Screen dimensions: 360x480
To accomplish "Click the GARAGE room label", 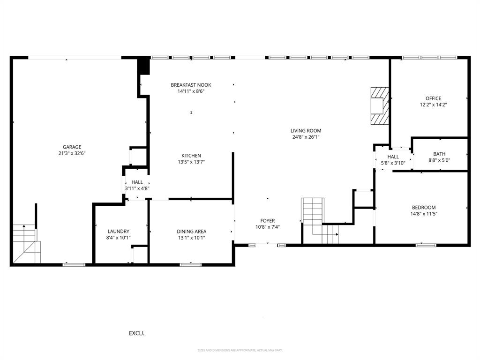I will [72, 147].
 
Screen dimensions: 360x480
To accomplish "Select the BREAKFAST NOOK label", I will [191, 85].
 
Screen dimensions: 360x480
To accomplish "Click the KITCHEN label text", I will [191, 156].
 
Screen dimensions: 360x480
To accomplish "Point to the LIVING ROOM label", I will [306, 131].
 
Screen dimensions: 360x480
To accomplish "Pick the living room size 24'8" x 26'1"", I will [306, 137].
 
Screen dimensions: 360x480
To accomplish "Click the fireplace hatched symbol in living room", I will [380, 106].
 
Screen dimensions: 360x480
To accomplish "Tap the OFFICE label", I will [433, 98].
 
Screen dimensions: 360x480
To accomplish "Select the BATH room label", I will [439, 154].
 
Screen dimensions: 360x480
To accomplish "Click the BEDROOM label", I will [424, 208].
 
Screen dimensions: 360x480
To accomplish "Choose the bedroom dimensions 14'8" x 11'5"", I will [424, 214].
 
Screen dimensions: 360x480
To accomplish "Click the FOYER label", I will [268, 221].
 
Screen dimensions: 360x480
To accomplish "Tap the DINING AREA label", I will [191, 232].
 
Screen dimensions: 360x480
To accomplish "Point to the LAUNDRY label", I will [118, 232].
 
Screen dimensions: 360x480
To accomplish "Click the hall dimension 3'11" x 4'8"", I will [137, 188].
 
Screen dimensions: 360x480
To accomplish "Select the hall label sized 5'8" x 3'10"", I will [393, 157].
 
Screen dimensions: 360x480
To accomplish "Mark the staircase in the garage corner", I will [26, 244].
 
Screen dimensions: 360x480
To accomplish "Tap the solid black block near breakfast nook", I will [143, 66].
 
